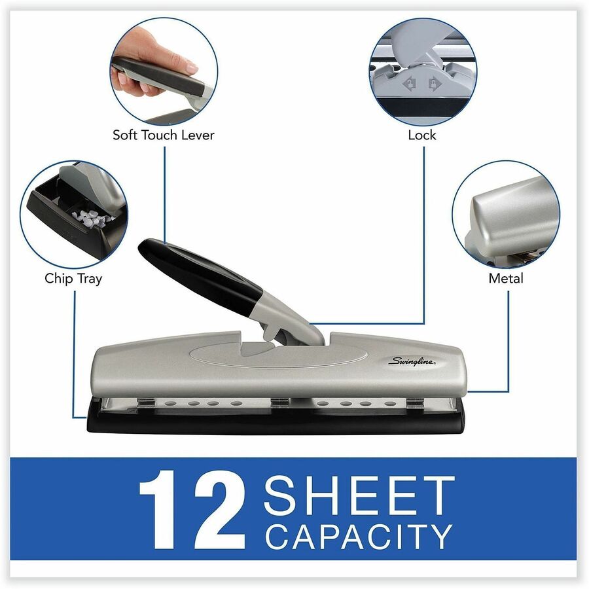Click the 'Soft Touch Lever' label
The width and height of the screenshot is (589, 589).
tap(163, 135)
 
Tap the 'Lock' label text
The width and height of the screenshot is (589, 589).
tap(421, 135)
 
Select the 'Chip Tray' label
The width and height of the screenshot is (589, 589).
tap(73, 278)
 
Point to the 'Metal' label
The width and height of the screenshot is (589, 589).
tap(505, 278)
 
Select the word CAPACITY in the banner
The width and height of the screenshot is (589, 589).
tap(359, 536)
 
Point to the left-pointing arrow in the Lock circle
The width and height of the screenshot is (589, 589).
tap(411, 84)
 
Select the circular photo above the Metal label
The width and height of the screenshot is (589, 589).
tap(505, 213)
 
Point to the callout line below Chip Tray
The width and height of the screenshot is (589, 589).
tap(73, 353)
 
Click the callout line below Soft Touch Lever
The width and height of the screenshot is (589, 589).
tap(164, 196)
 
